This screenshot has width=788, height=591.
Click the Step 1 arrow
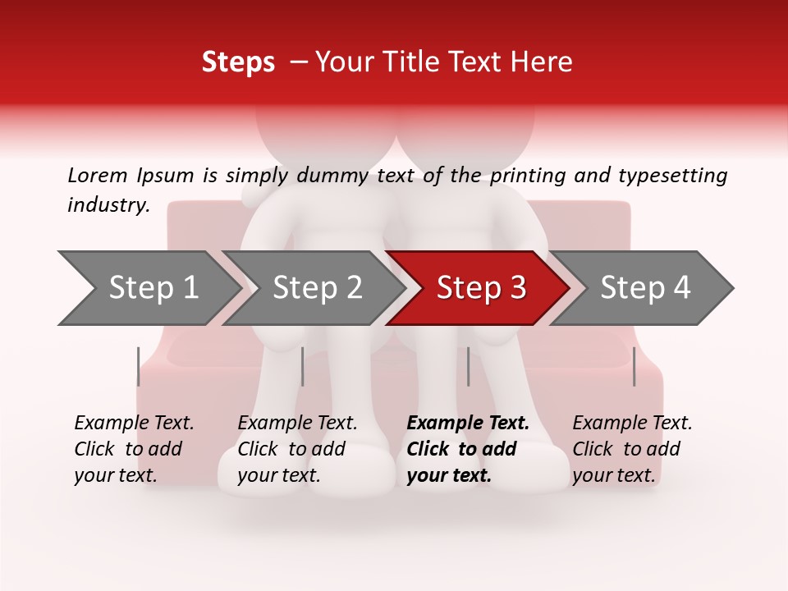pos(152,288)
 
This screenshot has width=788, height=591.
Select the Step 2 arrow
pos(317,288)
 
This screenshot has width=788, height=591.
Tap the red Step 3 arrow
pos(481,288)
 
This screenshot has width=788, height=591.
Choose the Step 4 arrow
pos(645,288)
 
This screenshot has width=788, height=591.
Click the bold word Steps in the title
pos(238,62)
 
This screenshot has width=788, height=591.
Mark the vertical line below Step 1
pos(139,366)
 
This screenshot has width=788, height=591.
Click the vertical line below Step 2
pos(303,366)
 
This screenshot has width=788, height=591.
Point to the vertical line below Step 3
pos(468,366)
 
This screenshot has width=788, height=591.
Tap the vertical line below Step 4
pos(634,366)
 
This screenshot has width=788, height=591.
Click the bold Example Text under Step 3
pos(468,424)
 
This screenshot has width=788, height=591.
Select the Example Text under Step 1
pos(134,424)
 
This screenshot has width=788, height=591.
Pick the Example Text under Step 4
pos(632,424)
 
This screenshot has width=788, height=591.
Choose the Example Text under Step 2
pos(297,424)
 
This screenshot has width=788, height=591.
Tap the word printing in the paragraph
pos(528,176)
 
